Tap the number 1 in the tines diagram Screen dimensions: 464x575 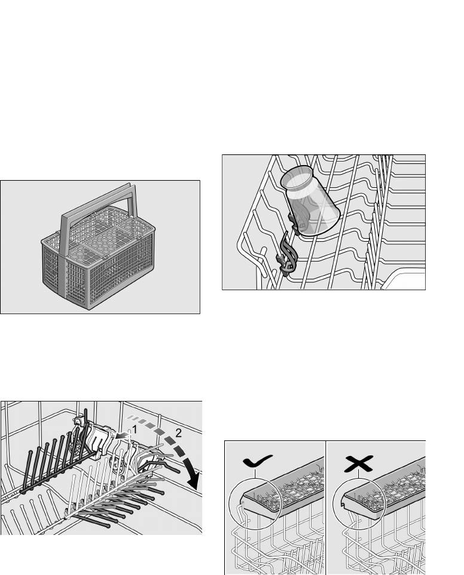click(135, 429)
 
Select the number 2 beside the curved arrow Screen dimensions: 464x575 click(179, 433)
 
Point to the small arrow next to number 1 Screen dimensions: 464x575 click(123, 435)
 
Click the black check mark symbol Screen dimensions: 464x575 click(257, 461)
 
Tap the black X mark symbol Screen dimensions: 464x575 click(359, 464)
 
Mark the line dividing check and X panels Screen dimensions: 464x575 click(325, 507)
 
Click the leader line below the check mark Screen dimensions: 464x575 click(255, 473)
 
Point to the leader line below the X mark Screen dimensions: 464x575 click(359, 474)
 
